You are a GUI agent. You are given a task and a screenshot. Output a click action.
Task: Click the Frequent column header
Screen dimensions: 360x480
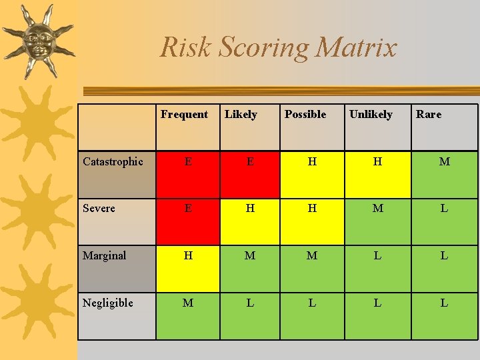point(184,115)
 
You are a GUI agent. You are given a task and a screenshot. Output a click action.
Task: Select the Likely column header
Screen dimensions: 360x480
point(241,115)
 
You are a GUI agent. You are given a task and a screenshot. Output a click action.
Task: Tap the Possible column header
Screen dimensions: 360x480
point(305,115)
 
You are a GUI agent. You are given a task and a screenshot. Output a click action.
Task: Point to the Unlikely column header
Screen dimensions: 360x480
point(371,115)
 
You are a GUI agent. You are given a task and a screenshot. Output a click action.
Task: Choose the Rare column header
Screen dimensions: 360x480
point(429,115)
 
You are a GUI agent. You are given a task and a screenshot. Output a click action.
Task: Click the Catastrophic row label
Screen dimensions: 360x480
point(113,162)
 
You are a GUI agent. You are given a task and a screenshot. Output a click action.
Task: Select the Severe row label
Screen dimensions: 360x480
point(99,209)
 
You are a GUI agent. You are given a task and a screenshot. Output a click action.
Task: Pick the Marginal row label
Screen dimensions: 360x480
point(104,256)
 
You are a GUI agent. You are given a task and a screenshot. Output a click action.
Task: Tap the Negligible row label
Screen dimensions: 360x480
point(107,303)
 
